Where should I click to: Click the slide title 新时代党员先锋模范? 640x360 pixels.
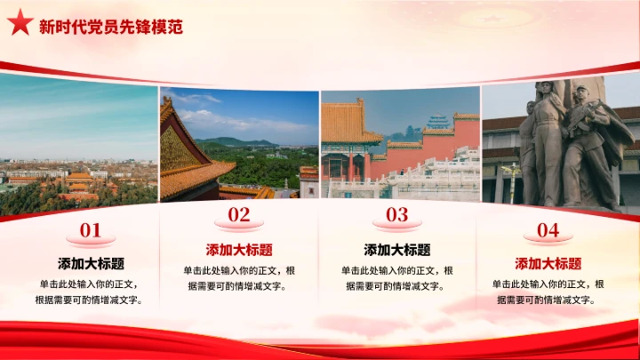tap(111, 27)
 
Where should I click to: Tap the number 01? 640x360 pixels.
tap(91, 231)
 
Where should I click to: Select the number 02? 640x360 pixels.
tap(239, 214)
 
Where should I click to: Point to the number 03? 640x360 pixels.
tap(396, 214)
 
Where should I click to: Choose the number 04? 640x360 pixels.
tap(548, 231)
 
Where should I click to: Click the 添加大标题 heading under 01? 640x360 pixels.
tap(91, 264)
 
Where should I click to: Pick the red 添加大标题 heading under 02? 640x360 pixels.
tap(239, 250)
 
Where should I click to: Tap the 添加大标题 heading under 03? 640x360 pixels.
tap(396, 250)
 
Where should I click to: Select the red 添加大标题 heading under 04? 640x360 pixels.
tap(548, 264)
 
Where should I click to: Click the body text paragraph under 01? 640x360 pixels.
tap(91, 292)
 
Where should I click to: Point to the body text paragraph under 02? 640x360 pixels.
tap(239, 278)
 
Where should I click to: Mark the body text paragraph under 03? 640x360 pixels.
tap(396, 278)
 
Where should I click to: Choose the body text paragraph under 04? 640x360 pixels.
tap(548, 292)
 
